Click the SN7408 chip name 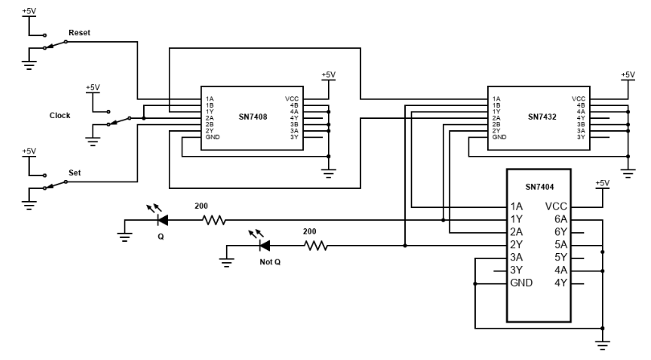pyautogui.click(x=250, y=116)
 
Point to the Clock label pyautogui.click(x=60, y=115)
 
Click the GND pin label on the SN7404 pyautogui.click(x=520, y=284)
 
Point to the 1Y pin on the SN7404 pyautogui.click(x=517, y=219)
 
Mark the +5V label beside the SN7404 pyautogui.click(x=603, y=183)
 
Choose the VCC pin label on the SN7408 pyautogui.click(x=293, y=99)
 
